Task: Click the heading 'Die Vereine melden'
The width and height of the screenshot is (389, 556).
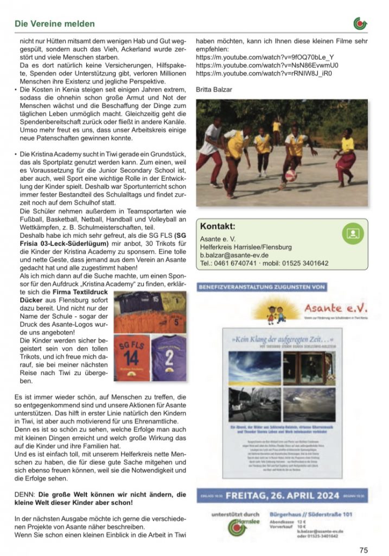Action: (54, 24)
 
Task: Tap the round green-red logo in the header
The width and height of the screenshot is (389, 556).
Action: (360, 23)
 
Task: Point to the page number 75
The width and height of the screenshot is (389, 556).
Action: (363, 549)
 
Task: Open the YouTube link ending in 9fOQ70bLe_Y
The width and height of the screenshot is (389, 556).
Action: (265, 56)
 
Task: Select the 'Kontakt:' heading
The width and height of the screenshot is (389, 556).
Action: (218, 226)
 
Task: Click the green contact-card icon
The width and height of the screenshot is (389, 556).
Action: (352, 233)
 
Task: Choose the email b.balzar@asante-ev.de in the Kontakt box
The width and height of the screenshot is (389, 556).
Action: (235, 255)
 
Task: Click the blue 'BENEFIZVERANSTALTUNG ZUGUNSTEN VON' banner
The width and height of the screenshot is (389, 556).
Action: (262, 286)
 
